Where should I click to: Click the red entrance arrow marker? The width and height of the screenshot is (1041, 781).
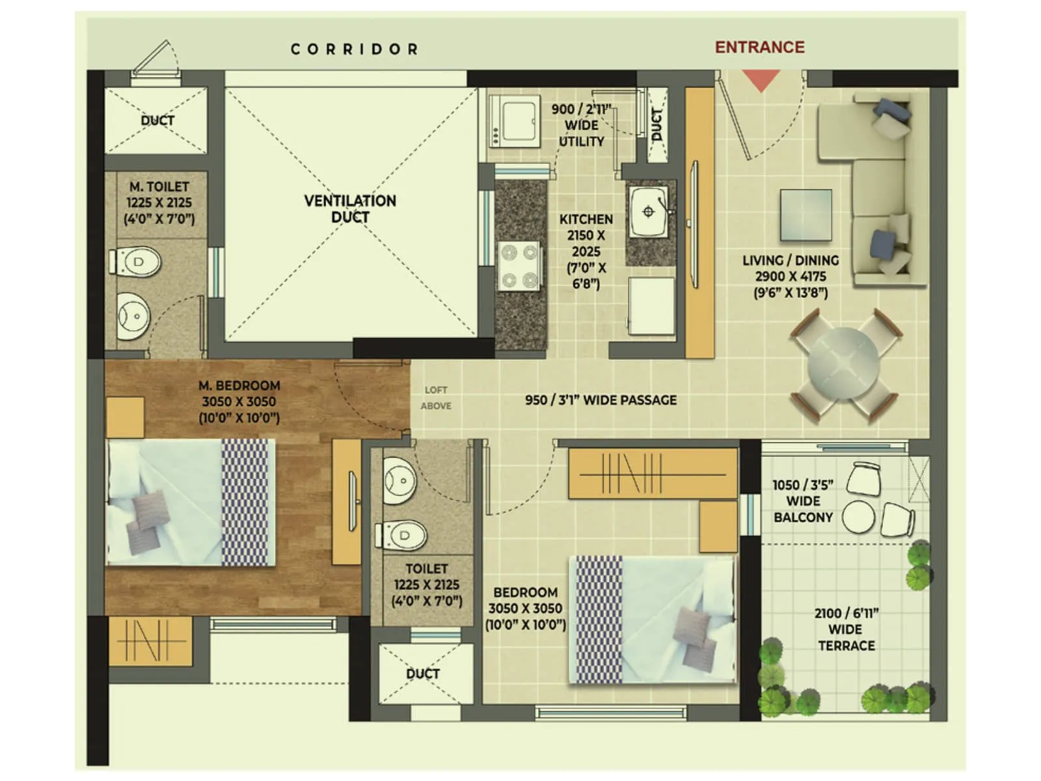(x=761, y=81)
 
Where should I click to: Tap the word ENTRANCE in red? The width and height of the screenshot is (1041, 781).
(x=759, y=48)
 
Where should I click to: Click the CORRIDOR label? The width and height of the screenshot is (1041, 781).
(x=354, y=49)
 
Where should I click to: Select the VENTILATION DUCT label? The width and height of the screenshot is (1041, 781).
(x=350, y=209)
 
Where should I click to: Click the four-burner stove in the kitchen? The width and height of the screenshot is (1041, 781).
(x=519, y=266)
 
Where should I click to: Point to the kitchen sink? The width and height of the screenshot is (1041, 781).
(x=647, y=212)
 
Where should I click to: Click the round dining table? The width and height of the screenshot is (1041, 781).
(x=844, y=366)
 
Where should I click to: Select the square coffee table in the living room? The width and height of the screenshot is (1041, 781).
(x=806, y=214)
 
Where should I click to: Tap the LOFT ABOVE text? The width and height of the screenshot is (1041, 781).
(x=436, y=398)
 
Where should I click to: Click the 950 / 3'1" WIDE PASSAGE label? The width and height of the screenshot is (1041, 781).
(x=601, y=400)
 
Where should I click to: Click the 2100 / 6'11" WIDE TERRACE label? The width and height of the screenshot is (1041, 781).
(x=846, y=629)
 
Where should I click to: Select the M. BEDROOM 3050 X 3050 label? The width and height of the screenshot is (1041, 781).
(x=239, y=402)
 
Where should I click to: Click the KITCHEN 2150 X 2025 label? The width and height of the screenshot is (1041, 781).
(x=586, y=251)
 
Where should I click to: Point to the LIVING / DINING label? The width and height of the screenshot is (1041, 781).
(x=791, y=276)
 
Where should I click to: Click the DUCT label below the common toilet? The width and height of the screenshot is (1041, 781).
(x=423, y=674)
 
